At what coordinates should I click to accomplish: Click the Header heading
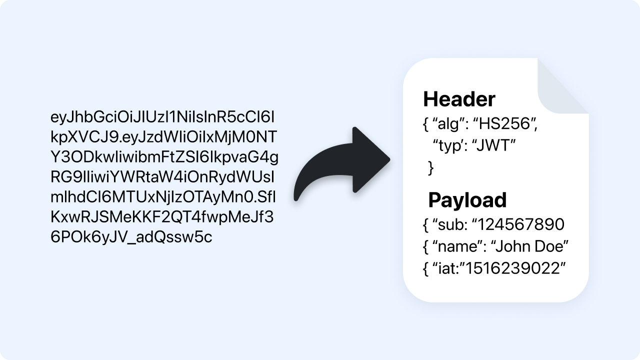459,99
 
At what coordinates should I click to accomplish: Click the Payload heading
467,200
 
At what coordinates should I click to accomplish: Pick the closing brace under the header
431,168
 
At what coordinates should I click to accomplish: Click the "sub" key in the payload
449,224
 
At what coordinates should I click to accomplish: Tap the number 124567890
521,224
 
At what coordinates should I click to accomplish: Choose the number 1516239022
515,268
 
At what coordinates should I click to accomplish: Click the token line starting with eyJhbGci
163,118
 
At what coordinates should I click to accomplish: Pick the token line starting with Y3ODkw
164,157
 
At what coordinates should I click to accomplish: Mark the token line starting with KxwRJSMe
162,217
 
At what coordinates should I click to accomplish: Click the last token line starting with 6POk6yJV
131,237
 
